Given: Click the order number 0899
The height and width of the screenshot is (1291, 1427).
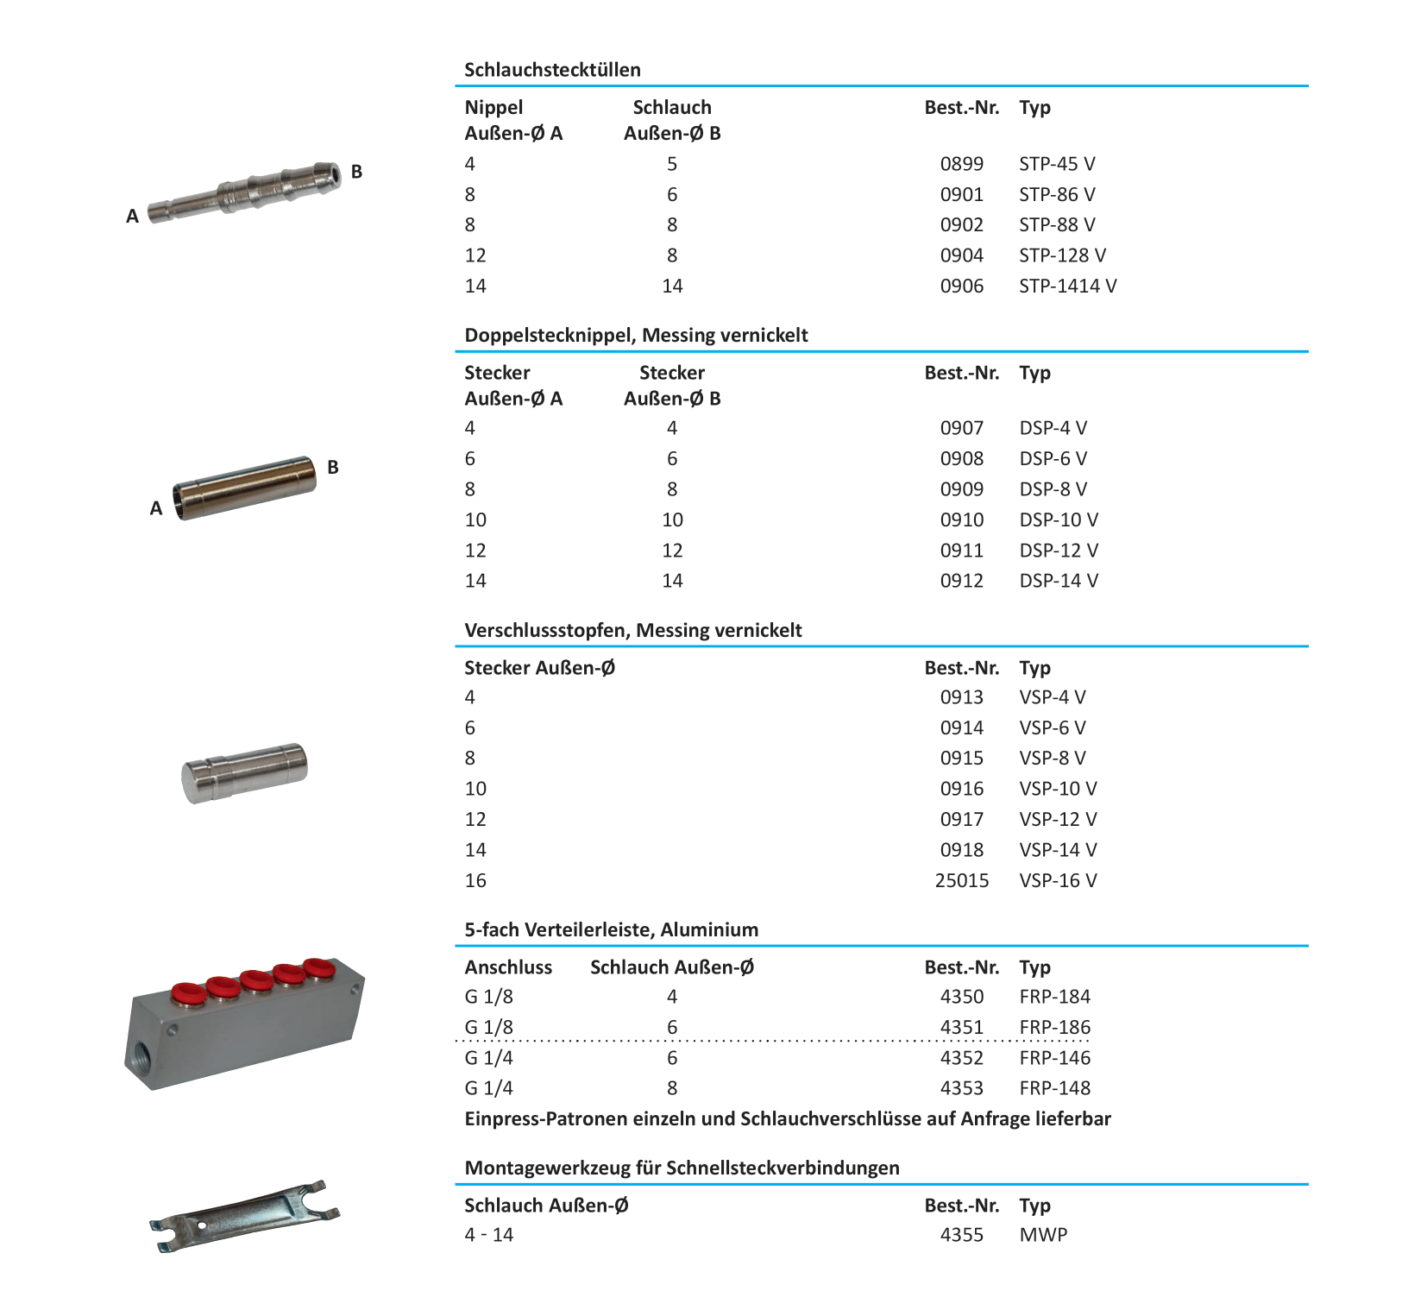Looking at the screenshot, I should click(x=961, y=164).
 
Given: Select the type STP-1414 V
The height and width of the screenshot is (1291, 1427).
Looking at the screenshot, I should click(x=1067, y=286).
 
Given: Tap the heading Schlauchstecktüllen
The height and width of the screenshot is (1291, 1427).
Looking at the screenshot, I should click(x=552, y=70).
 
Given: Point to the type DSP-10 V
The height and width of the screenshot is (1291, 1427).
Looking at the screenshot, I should click(x=1059, y=520).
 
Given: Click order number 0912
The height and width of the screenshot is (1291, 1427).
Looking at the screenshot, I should click(x=961, y=581).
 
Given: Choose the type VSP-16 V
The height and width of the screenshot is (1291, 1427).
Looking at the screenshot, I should click(x=1058, y=880).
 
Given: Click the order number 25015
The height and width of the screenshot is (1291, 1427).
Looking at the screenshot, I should click(x=961, y=880).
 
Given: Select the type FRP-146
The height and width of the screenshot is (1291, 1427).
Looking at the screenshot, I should click(x=1054, y=1058).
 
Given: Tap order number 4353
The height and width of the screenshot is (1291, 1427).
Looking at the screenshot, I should click(x=961, y=1088).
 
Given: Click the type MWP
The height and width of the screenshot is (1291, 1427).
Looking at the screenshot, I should click(x=1043, y=1235).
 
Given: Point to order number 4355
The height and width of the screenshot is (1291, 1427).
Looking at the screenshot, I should click(x=961, y=1235).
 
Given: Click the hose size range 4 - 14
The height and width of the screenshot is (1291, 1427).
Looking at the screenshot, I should click(x=488, y=1235).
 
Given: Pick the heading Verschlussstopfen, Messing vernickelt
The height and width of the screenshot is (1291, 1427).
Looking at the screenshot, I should click(x=632, y=631).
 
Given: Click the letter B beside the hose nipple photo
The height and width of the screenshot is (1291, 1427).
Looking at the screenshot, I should click(x=356, y=172).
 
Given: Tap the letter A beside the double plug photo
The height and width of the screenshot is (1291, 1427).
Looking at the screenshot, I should click(x=156, y=508).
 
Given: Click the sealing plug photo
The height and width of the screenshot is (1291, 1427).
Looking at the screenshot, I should click(x=245, y=771).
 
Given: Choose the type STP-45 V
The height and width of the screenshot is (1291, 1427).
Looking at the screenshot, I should click(x=1057, y=164).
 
